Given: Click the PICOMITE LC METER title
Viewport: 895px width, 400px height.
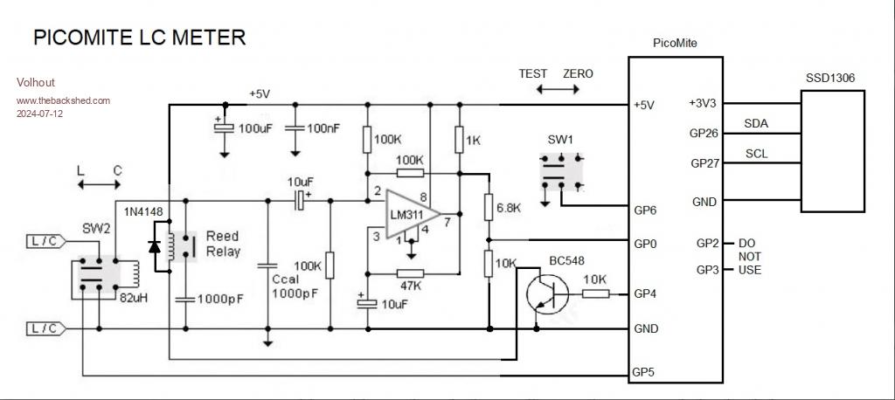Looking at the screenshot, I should [x=139, y=38].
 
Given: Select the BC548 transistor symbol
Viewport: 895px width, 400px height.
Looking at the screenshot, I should [x=546, y=293].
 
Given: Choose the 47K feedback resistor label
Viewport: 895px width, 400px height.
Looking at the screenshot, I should [x=409, y=286].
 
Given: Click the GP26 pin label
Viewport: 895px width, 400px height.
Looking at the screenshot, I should [x=704, y=134].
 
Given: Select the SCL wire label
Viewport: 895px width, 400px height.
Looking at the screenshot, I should [x=757, y=153].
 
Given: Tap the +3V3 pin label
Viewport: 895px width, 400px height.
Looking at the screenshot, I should [x=703, y=103].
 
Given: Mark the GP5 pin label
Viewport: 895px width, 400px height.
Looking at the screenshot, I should [x=643, y=372].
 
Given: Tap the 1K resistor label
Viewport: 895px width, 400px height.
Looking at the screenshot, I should [x=474, y=140].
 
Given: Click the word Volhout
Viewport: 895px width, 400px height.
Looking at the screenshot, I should [x=36, y=82].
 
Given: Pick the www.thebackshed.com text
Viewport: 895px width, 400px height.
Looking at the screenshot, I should [x=64, y=100].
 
